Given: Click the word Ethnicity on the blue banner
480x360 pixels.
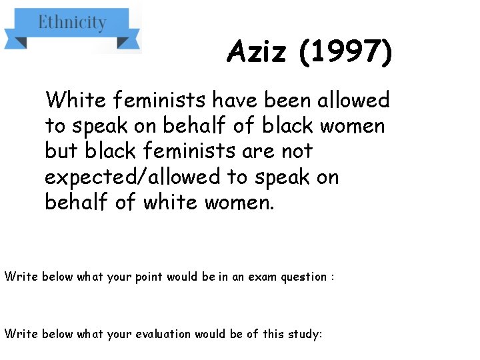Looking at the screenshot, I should (72, 23).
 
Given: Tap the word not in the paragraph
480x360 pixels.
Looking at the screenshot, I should (297, 151).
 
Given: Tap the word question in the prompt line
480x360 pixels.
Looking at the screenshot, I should (300, 276).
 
